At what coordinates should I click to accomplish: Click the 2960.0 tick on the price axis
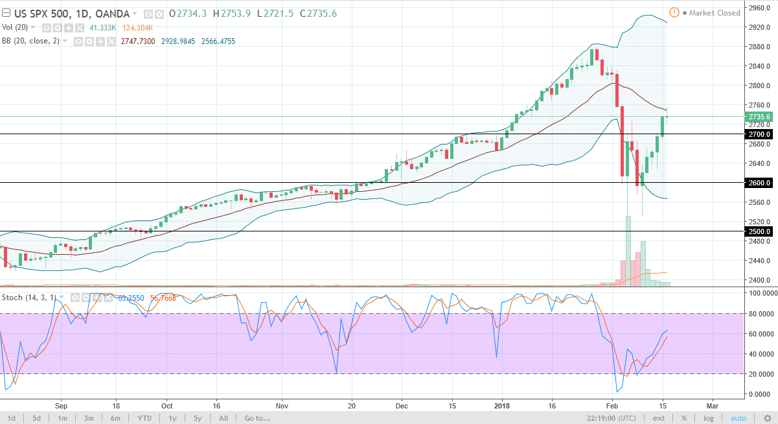point(759,8)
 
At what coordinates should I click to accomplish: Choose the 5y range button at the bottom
point(198,418)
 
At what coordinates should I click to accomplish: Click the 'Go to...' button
point(257,418)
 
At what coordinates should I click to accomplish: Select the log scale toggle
point(709,418)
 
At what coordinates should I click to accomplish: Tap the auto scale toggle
point(738,418)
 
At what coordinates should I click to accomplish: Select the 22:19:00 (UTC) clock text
point(615,418)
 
